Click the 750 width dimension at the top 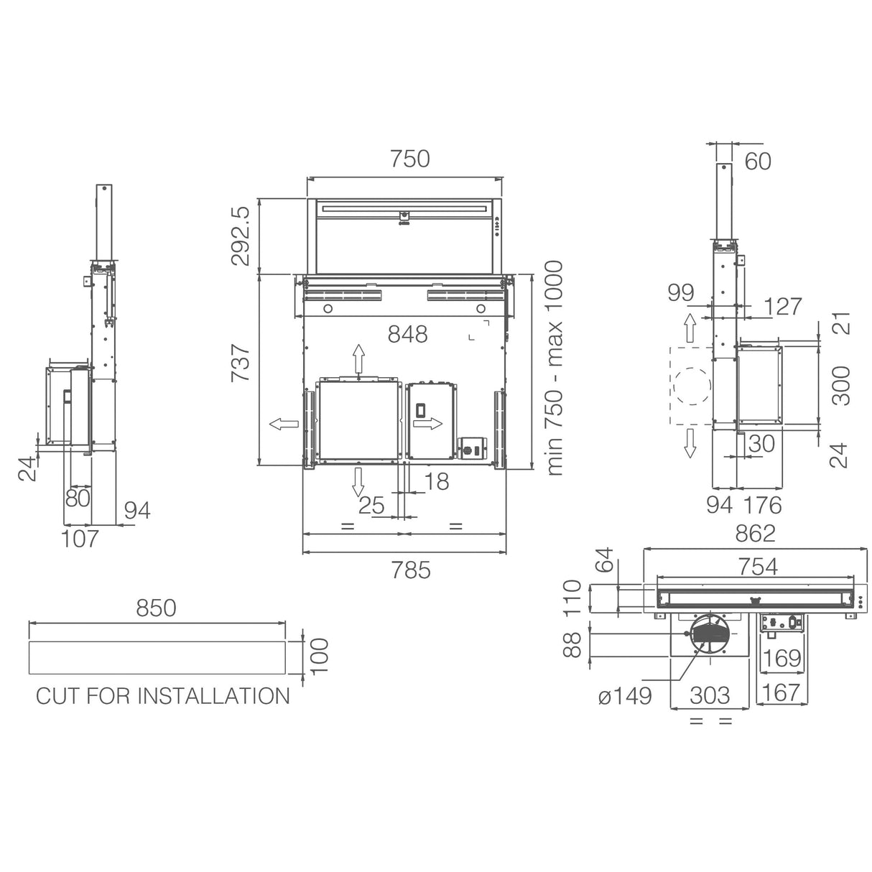(x=409, y=159)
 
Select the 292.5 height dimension (x=241, y=236)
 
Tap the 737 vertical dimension (x=241, y=362)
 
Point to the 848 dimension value (x=407, y=335)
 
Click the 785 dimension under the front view (x=410, y=570)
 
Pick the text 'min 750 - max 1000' (x=554, y=368)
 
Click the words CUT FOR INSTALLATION (x=163, y=696)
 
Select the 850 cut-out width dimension (x=156, y=608)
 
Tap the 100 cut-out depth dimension (x=319, y=655)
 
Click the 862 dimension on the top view (x=755, y=534)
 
